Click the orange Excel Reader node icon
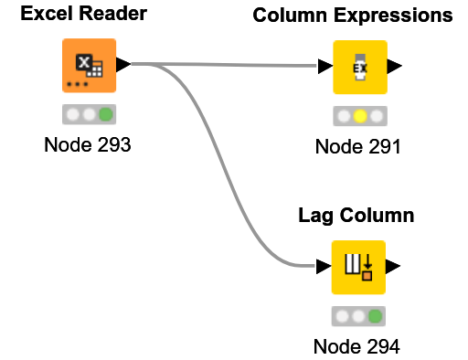[89, 66]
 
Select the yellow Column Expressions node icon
[359, 67]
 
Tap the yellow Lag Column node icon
[358, 267]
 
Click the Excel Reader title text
[83, 15]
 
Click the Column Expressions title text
[352, 16]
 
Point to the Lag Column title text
[356, 216]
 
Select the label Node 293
[88, 145]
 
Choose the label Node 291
[358, 147]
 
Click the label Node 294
[356, 346]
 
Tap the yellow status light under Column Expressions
[359, 117]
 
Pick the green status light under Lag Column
[375, 317]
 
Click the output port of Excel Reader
[123, 65]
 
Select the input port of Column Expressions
[324, 67]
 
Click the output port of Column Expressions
[394, 67]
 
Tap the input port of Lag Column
[324, 267]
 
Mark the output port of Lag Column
[393, 267]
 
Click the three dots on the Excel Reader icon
[76, 85]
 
